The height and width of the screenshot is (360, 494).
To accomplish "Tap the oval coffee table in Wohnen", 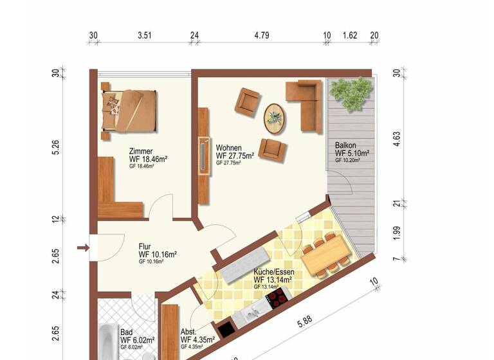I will [276, 118].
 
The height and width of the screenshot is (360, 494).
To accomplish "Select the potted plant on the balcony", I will [351, 94].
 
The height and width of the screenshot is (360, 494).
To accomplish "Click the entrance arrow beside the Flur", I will [82, 247].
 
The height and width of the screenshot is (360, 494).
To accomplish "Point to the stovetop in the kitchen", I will [279, 298].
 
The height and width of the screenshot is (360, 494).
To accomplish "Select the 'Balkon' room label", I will [345, 145].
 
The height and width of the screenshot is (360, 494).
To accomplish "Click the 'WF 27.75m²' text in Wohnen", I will [235, 156].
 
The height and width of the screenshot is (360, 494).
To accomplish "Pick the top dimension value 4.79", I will [261, 36].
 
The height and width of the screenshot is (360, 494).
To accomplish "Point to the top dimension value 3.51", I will [144, 36].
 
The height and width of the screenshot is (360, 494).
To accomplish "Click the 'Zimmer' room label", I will [141, 150].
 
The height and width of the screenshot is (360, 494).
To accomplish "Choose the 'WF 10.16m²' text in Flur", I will [158, 254].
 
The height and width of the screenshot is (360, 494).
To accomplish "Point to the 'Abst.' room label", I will [189, 332].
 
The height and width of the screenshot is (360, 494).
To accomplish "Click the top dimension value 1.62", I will [350, 36].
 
